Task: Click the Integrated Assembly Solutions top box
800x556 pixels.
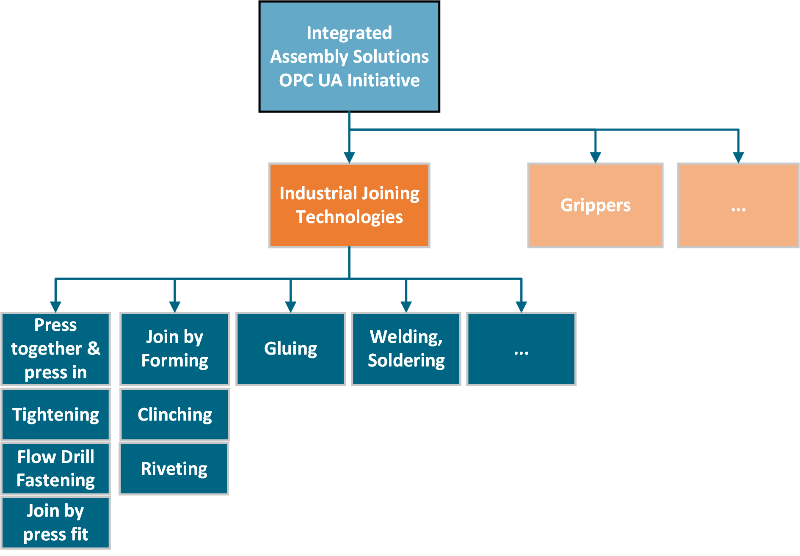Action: coord(349,57)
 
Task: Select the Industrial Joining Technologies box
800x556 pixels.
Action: coord(349,205)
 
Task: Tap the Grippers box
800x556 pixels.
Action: coord(595,205)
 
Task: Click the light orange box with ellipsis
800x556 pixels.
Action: coord(738,205)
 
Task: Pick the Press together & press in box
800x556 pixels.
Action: coord(55,349)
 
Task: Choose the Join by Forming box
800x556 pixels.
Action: coord(174,349)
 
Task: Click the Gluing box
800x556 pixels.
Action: coord(290,349)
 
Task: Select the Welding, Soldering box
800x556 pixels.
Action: coord(406,349)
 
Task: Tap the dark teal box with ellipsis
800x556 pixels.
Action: coord(521,349)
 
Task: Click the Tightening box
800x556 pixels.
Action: coord(55,414)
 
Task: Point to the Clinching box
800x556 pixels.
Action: coord(174,414)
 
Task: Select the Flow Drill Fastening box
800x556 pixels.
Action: coord(55,468)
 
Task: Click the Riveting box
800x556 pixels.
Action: coord(174,468)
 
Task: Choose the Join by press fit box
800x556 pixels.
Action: coord(55,523)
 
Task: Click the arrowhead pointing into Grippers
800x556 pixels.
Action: coord(595,158)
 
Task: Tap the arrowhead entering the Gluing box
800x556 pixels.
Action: coord(290,307)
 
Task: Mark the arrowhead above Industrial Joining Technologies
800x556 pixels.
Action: coord(349,158)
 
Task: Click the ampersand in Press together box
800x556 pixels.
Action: coord(94,349)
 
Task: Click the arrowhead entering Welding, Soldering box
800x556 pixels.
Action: coord(406,307)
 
